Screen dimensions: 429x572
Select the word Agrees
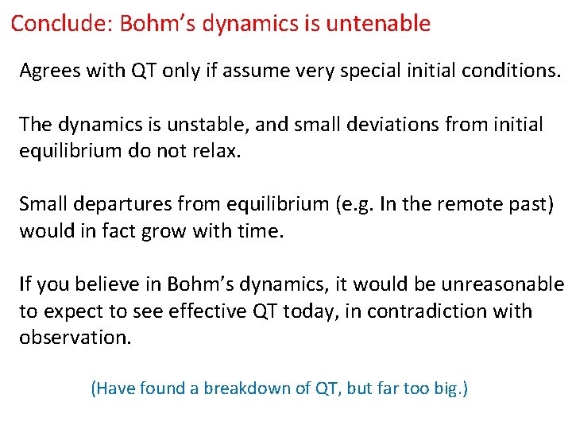[47, 71]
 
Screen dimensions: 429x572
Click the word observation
[75, 338]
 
